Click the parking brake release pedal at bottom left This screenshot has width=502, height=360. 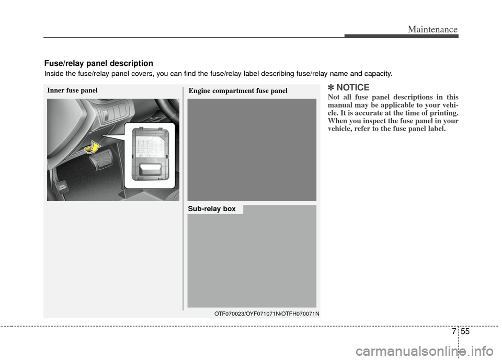61,188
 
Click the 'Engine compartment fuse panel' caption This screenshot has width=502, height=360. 238,90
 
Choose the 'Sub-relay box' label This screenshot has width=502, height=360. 212,209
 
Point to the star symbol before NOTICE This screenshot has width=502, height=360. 331,87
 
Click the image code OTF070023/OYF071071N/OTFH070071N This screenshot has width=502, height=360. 267,313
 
